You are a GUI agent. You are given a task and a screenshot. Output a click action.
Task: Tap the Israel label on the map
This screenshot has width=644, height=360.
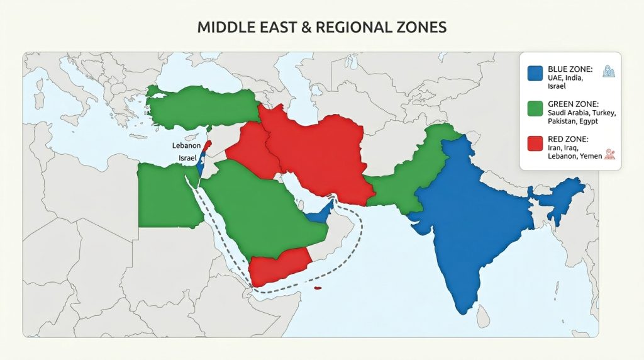coord(187,158)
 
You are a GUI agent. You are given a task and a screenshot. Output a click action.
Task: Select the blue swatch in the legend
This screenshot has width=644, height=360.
coord(535,73)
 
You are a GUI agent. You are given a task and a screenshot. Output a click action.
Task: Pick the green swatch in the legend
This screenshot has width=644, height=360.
coord(535,108)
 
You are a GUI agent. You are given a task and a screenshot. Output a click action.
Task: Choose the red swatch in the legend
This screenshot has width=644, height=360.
coord(535,143)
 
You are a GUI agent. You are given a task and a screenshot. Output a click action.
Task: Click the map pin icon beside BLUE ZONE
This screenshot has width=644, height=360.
coord(608,72)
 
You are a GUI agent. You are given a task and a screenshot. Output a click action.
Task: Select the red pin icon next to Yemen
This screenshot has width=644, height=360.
coord(609,155)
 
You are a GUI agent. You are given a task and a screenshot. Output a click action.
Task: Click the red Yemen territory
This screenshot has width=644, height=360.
coord(277,267)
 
